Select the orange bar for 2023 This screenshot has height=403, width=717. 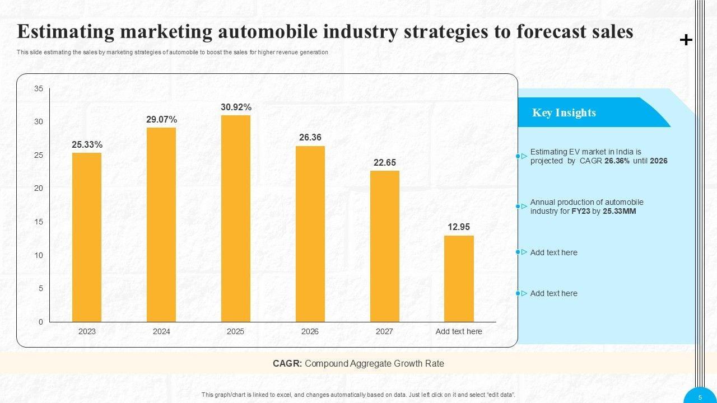pyautogui.click(x=87, y=237)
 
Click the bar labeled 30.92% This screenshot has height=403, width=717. pyautogui.click(x=236, y=218)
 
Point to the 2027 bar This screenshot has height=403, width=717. pyautogui.click(x=384, y=246)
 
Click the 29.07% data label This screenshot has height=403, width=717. pyautogui.click(x=162, y=119)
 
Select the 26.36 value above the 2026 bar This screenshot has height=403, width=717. pyautogui.click(x=310, y=137)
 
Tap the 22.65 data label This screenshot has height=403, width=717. pyautogui.click(x=385, y=162)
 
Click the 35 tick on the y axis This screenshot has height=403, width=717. pyautogui.click(x=39, y=88)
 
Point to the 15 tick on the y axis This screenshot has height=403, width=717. pyautogui.click(x=39, y=222)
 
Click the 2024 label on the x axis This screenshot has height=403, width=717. pyautogui.click(x=161, y=331)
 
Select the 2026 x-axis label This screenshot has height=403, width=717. pyautogui.click(x=310, y=331)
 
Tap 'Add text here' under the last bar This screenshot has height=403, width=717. pyautogui.click(x=459, y=331)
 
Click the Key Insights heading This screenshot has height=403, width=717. pyautogui.click(x=564, y=113)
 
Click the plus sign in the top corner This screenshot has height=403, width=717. pyautogui.click(x=686, y=40)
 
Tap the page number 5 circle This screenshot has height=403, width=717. pyautogui.click(x=700, y=397)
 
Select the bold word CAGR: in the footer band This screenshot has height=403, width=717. pyautogui.click(x=287, y=363)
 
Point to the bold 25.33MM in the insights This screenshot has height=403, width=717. pyautogui.click(x=620, y=211)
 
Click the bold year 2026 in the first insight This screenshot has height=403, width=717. pyautogui.click(x=659, y=161)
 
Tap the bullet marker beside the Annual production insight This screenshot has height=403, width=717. pyautogui.click(x=521, y=207)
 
